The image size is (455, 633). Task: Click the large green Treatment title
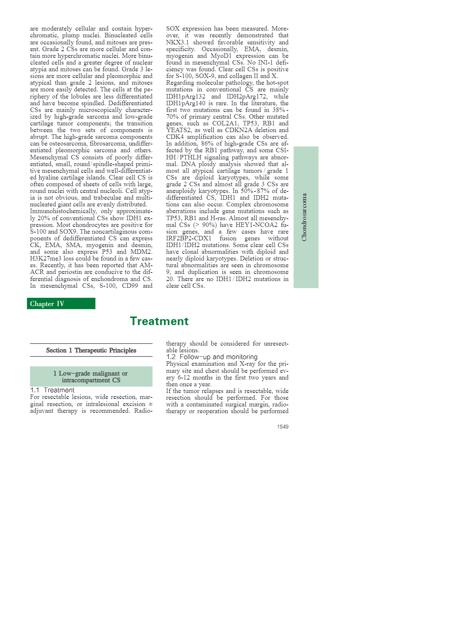point(159,321)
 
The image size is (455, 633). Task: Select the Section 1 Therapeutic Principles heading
point(91,350)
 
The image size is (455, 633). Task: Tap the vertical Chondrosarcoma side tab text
point(304,217)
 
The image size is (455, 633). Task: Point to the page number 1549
point(282,427)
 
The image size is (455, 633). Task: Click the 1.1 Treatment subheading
point(52,390)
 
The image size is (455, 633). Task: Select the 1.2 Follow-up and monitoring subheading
point(212,357)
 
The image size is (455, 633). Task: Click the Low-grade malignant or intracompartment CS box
point(91,377)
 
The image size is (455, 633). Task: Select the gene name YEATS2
point(179,130)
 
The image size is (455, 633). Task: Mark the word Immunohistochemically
point(63,211)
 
